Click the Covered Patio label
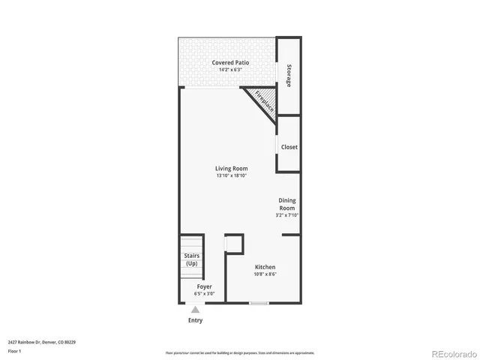point(230,62)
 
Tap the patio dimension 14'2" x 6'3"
point(230,70)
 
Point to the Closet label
point(289,147)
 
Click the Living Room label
point(231,169)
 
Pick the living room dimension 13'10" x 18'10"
point(231,176)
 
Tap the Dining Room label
point(287,204)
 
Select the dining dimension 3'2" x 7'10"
point(287,215)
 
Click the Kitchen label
point(265,267)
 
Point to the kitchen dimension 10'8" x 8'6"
point(265,274)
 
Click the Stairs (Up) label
point(191,259)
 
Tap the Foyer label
point(204,286)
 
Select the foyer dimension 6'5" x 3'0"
point(204,294)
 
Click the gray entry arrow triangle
point(196,310)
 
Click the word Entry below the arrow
point(196,320)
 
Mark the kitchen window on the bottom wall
point(259,303)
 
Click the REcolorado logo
point(453,352)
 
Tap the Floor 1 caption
point(14,350)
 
